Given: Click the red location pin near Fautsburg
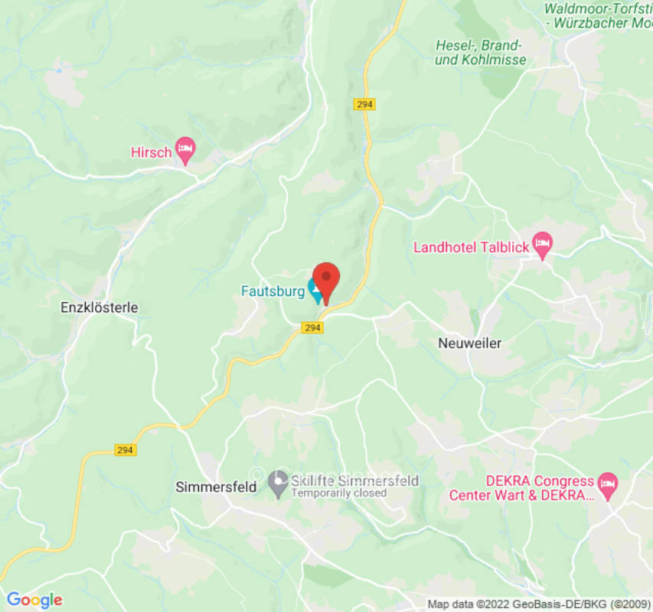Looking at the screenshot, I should point(326,279).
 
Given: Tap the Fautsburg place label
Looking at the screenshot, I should point(273,291).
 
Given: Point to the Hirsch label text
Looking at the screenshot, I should point(151,152).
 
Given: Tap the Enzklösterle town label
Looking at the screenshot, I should point(99,308).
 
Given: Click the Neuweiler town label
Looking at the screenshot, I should point(469,343).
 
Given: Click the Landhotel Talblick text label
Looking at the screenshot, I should point(472,247).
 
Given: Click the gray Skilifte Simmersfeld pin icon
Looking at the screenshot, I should point(278,482).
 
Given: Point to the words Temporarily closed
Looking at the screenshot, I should point(338,493).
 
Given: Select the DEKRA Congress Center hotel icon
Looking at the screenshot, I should point(607,483).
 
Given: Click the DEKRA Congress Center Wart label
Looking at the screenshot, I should point(521,488).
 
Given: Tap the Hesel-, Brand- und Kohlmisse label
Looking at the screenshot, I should point(480,52).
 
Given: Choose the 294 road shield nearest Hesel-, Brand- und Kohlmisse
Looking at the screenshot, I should point(365,104).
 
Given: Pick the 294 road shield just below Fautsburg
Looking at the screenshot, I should point(311,327).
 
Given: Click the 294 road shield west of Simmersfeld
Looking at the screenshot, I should point(126,450).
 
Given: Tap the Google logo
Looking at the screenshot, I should point(34,600).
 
